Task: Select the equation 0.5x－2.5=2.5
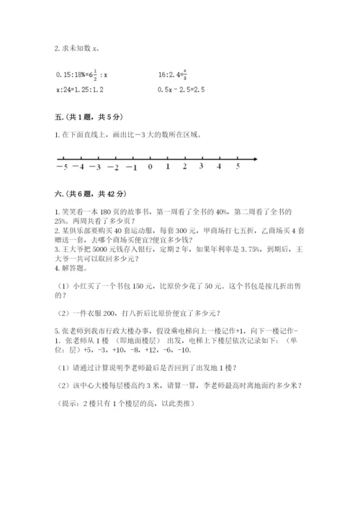point(181,89)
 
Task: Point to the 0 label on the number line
point(149,166)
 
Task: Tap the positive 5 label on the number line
point(238,166)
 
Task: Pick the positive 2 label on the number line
point(185,166)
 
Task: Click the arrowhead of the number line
point(255,158)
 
